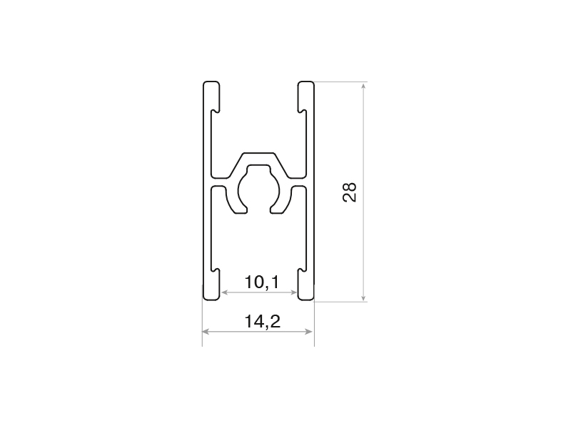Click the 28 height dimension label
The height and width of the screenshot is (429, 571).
pyautogui.click(x=350, y=192)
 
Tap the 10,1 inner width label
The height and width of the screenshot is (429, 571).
pyautogui.click(x=261, y=282)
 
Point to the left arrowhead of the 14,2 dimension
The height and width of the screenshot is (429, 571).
pyautogui.click(x=206, y=331)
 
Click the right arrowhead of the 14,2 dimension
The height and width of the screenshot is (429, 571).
pyautogui.click(x=309, y=331)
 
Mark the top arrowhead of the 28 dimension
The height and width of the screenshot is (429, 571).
pyautogui.click(x=363, y=86)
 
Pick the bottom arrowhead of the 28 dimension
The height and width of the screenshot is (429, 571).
pyautogui.click(x=363, y=297)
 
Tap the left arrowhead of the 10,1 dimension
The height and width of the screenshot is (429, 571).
pyautogui.click(x=225, y=292)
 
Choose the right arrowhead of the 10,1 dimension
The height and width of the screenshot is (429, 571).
pyautogui.click(x=293, y=292)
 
